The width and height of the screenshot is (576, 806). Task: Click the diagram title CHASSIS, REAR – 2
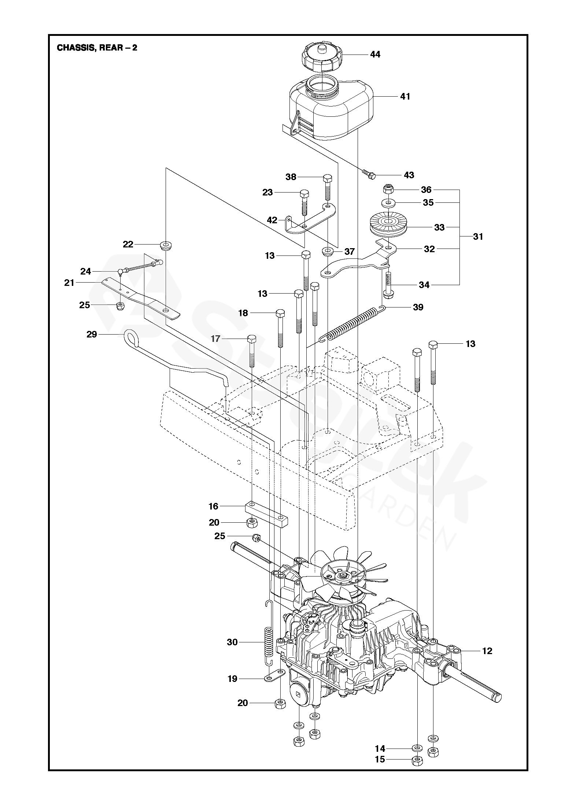(x=97, y=48)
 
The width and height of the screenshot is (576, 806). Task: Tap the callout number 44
(x=375, y=55)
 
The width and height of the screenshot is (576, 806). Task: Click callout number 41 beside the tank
(x=405, y=97)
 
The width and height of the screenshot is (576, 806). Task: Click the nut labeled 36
(x=388, y=190)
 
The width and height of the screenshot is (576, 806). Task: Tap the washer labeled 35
(x=388, y=202)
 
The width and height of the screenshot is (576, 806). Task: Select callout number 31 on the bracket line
(x=478, y=237)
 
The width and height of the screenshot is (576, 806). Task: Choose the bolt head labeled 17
(x=252, y=339)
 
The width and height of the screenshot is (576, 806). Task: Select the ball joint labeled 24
(x=121, y=272)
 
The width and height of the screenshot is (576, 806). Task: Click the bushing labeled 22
(x=166, y=245)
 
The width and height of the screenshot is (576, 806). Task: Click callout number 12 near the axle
(x=487, y=651)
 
